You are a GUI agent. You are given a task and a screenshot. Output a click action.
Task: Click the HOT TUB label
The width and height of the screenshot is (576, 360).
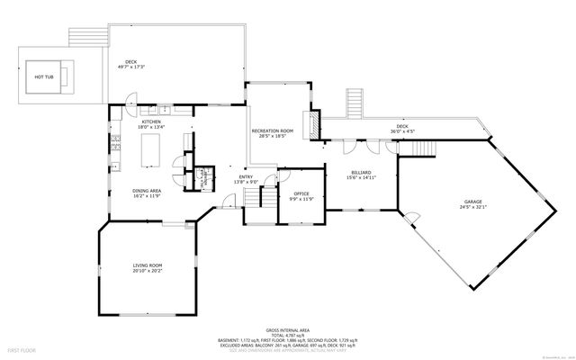tap(44, 77)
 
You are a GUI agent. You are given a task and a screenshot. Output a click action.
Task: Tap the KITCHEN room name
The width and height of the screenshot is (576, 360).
tap(152, 121)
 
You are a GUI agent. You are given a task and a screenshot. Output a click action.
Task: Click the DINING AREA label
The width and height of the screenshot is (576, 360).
tap(147, 190)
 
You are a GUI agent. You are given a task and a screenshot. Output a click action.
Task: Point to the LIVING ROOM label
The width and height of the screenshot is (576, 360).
tap(148, 265)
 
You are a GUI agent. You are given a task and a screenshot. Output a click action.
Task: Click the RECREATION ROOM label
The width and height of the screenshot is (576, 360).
tap(273, 132)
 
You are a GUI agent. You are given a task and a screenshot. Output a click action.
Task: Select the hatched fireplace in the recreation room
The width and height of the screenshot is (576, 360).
tap(315, 126)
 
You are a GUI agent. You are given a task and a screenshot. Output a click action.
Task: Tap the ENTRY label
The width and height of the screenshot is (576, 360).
tap(246, 176)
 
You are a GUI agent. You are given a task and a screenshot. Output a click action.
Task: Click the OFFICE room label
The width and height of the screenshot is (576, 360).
tap(301, 193)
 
